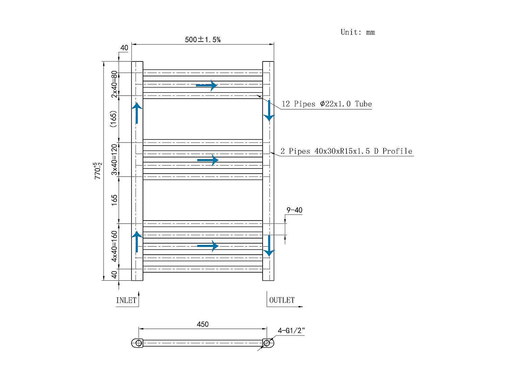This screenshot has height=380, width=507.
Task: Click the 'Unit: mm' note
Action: point(358,32)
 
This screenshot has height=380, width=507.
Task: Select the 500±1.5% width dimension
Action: point(202,40)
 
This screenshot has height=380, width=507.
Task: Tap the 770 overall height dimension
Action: point(98,171)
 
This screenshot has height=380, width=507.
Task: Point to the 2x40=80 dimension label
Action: point(114,84)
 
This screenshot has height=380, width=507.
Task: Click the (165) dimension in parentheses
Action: point(113,119)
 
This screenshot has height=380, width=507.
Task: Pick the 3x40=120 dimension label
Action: point(114,160)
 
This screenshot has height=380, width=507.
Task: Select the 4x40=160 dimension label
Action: point(114,247)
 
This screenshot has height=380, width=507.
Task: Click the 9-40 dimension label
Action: point(294,210)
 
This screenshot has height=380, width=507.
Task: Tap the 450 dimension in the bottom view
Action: point(202,324)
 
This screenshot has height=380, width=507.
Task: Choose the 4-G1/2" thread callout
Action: point(291,331)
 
